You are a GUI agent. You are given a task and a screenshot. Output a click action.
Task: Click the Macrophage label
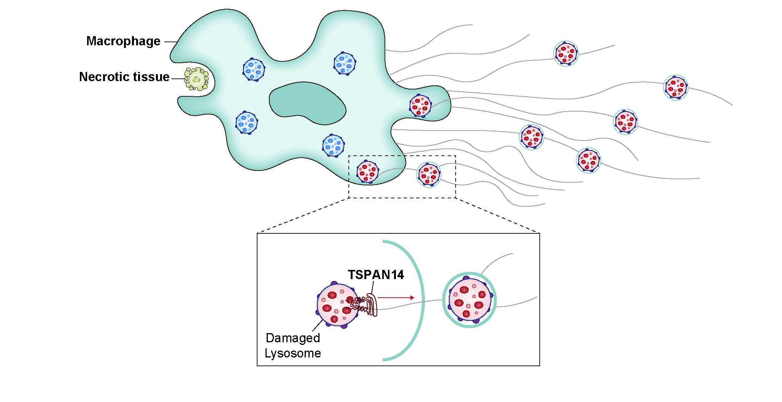click(x=123, y=41)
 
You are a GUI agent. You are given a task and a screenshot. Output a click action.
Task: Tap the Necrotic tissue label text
click(x=124, y=77)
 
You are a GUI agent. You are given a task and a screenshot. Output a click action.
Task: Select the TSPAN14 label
click(x=376, y=274)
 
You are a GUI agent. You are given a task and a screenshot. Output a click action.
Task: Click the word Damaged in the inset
click(x=292, y=338)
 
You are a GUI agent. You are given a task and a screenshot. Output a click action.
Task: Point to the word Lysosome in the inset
click(x=292, y=353)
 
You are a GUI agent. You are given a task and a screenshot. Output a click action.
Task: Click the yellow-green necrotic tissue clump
click(x=196, y=79)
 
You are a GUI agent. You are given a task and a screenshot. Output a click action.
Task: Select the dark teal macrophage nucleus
click(x=307, y=103)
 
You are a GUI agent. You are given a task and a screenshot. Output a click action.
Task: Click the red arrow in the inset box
click(x=396, y=298)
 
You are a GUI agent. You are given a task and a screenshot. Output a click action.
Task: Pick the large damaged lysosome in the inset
click(x=337, y=305)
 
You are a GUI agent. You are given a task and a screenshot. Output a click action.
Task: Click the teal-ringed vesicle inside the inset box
click(x=470, y=300)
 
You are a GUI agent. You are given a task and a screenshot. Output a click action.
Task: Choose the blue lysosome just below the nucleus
click(x=333, y=145)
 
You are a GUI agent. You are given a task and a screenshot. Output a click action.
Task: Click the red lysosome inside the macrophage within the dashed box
click(x=367, y=172)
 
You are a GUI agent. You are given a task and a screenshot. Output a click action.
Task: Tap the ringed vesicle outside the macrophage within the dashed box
click(x=429, y=175)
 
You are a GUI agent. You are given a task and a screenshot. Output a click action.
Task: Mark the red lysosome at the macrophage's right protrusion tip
click(x=420, y=106)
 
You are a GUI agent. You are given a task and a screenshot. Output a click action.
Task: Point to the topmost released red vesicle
click(x=566, y=54)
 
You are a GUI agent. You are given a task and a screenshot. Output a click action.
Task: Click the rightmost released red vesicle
click(x=676, y=88)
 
